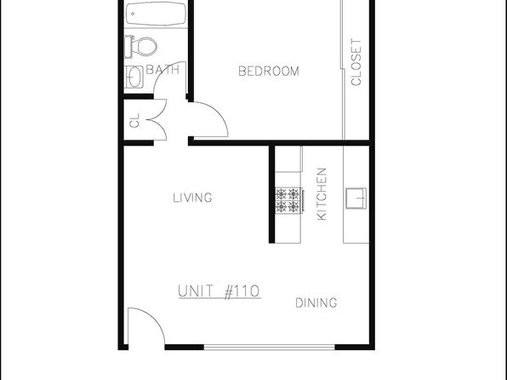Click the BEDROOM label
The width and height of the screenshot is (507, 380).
click(269, 72)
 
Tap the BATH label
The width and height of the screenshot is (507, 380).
click(162, 70)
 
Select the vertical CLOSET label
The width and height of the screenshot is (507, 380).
click(356, 62)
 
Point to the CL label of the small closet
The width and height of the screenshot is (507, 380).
click(134, 120)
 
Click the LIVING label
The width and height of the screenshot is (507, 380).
click(193, 198)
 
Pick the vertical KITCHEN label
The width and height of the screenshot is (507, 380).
click(322, 194)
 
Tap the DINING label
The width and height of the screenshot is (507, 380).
click(316, 303)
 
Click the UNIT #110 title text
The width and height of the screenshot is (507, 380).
click(219, 291)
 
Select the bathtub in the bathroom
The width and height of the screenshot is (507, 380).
click(156, 14)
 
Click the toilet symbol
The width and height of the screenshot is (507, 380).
click(140, 47)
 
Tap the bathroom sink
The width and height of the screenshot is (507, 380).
click(134, 77)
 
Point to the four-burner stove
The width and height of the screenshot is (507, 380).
click(288, 200)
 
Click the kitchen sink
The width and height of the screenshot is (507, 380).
click(356, 198)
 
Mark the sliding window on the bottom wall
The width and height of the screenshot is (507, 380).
click(270, 348)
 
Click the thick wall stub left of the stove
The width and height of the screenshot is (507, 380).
click(271, 194)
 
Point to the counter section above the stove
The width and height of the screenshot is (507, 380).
click(288, 158)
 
